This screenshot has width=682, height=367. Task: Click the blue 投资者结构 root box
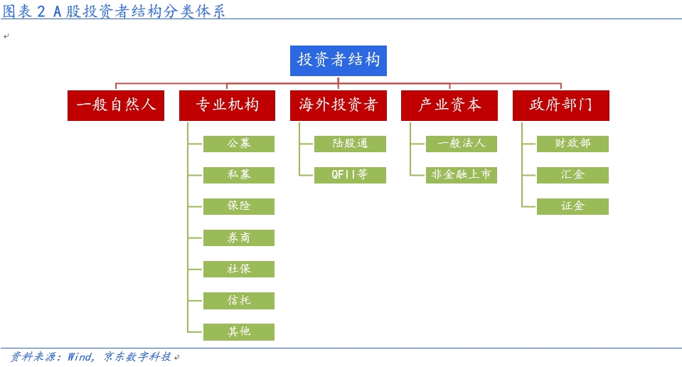click(x=339, y=61)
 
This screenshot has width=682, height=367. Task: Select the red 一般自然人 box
click(x=116, y=105)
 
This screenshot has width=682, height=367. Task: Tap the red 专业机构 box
click(x=227, y=105)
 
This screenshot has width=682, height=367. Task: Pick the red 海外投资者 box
click(x=339, y=105)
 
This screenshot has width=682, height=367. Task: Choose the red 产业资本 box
click(x=449, y=105)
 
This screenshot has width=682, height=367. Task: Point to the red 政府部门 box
click(x=561, y=105)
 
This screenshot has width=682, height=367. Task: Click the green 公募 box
click(x=239, y=144)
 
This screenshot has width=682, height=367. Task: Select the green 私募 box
click(x=239, y=175)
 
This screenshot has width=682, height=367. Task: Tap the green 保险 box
click(x=239, y=206)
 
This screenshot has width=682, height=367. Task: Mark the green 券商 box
click(x=239, y=238)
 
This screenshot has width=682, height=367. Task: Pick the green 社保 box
click(x=239, y=269)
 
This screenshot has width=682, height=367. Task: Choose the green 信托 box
click(x=239, y=300)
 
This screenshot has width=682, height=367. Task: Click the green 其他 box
click(x=239, y=331)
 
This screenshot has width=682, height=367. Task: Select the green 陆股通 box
click(x=350, y=144)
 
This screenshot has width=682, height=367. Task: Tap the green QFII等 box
click(x=350, y=175)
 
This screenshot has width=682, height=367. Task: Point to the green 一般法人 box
click(x=462, y=144)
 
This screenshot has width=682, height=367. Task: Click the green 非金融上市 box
click(x=462, y=175)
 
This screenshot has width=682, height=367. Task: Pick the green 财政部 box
click(x=572, y=144)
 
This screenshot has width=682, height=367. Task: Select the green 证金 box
click(x=572, y=206)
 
